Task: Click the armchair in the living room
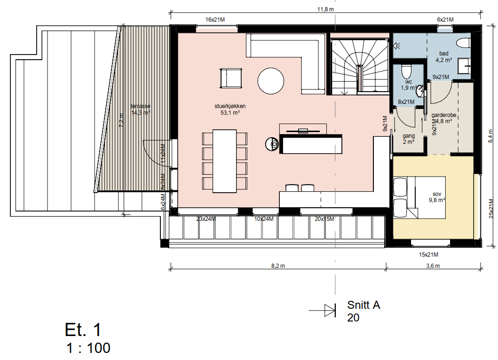point(231,78)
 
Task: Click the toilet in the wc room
point(406,72)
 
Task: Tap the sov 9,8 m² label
point(438,196)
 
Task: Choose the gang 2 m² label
point(408,139)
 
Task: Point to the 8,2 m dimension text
point(278,266)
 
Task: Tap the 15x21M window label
point(428,255)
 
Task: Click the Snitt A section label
point(363,305)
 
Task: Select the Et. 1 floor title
point(83,330)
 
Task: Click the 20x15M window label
point(324,219)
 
